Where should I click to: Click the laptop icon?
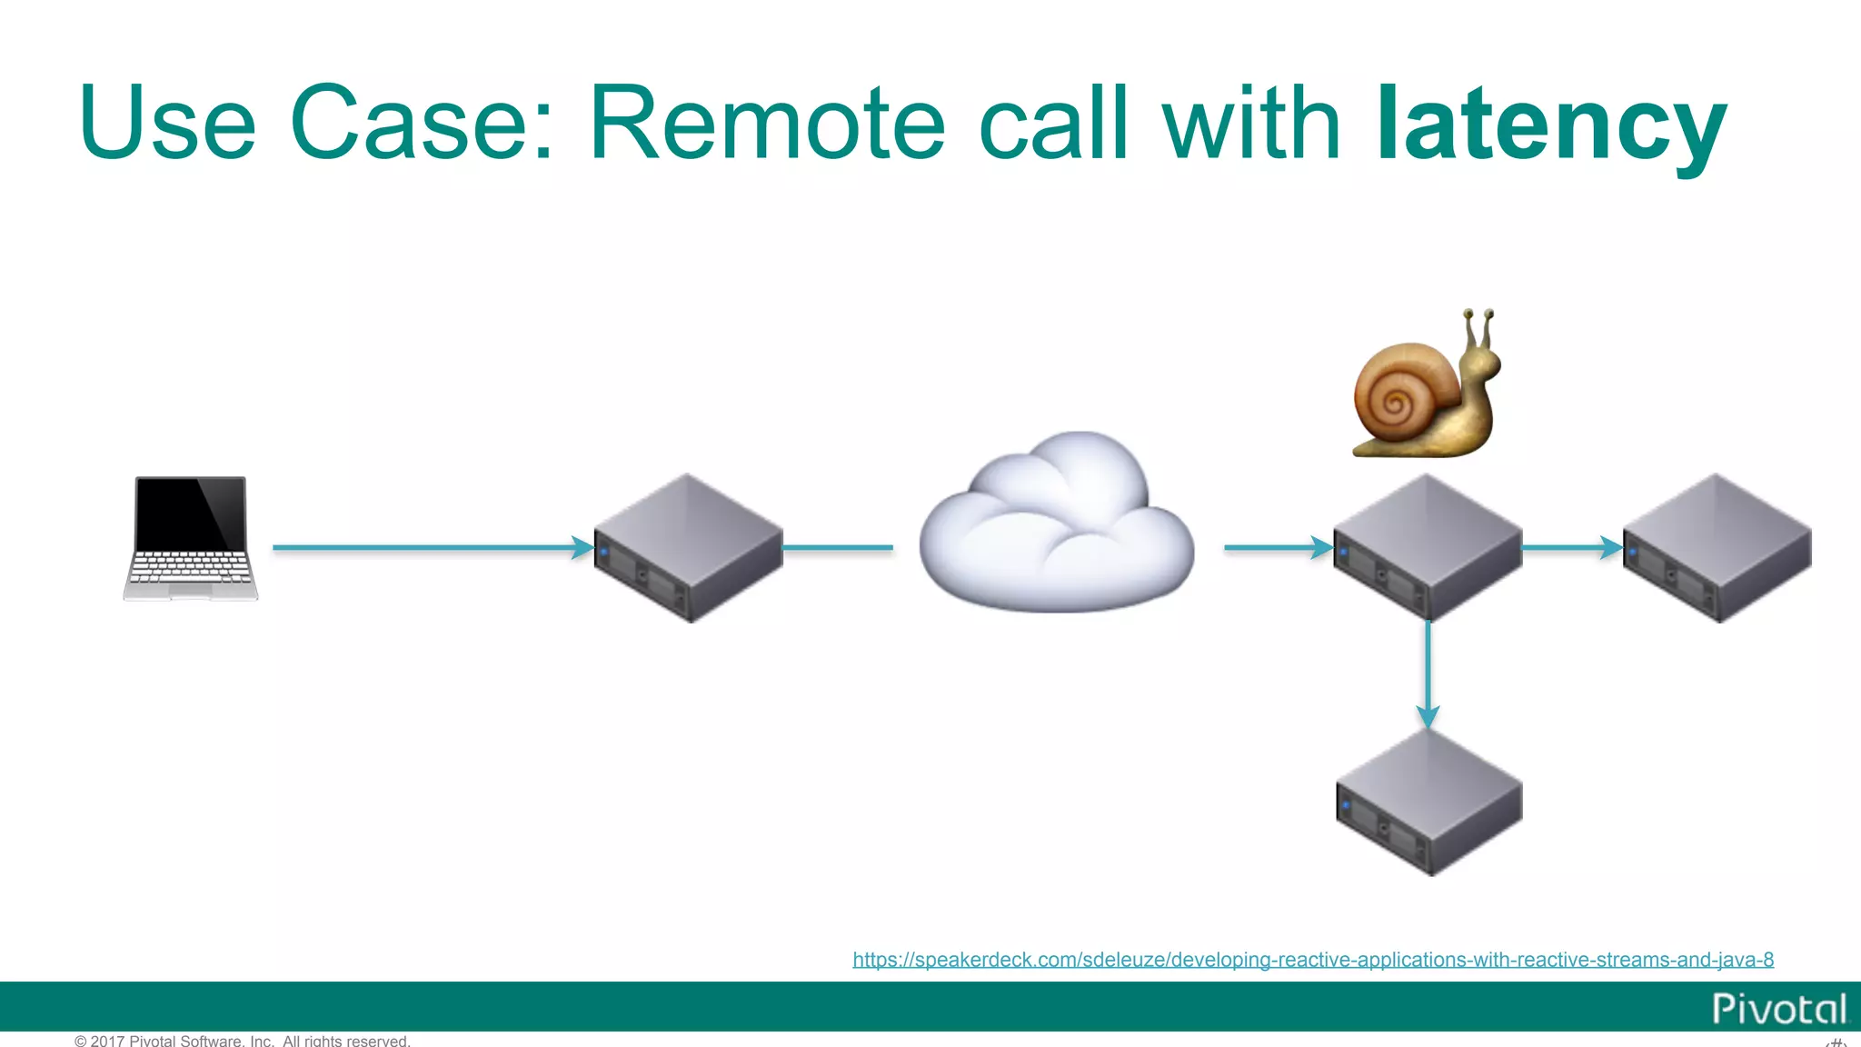[x=191, y=538]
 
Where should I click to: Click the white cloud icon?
[x=1057, y=525]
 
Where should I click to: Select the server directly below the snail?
[x=1427, y=548]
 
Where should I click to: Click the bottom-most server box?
[x=1428, y=803]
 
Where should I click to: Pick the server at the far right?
[x=1717, y=548]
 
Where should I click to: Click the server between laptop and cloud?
[x=688, y=548]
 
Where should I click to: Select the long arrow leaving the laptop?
[x=427, y=547]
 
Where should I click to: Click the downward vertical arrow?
[x=1428, y=673]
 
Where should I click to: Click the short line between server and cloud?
[x=837, y=547]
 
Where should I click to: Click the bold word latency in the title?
[x=1550, y=123]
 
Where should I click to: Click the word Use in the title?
[x=167, y=123]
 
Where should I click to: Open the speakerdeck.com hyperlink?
[x=1312, y=960]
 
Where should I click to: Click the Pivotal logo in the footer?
[x=1778, y=1009]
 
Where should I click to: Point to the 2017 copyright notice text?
[x=243, y=1041]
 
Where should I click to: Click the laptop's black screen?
[x=190, y=513]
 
